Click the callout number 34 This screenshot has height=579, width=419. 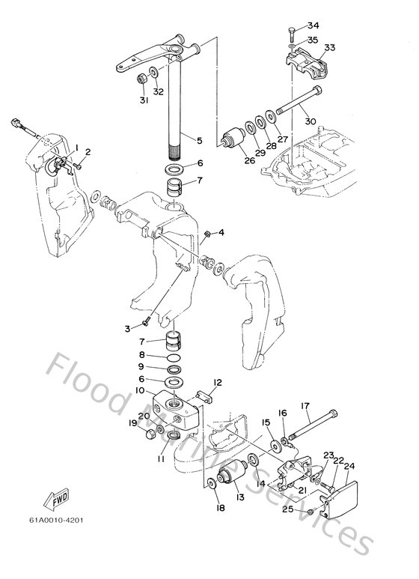pos(312,25)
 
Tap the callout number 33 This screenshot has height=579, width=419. pos(330,47)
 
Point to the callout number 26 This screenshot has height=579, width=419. pos(245,158)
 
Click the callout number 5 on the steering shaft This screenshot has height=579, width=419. pos(199,139)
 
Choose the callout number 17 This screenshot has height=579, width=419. pos(305,407)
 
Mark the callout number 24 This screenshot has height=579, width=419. pos(349,465)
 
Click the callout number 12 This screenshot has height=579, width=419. pos(217,383)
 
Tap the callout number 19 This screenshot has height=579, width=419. pos(132,423)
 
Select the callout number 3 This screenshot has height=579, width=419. pos(128,328)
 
